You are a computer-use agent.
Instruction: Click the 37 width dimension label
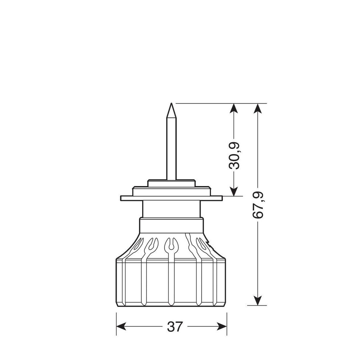pos(175,327)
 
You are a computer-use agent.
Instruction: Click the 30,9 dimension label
pos(234,156)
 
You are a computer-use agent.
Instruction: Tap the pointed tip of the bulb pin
pos(171,103)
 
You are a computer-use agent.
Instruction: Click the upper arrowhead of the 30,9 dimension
pos(234,108)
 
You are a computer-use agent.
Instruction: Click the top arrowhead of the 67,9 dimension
pos(258,108)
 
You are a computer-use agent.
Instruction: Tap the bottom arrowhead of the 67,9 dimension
pos(258,301)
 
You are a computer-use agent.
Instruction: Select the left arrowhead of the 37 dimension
pos(121,327)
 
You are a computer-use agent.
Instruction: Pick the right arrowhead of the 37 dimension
pos(222,327)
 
